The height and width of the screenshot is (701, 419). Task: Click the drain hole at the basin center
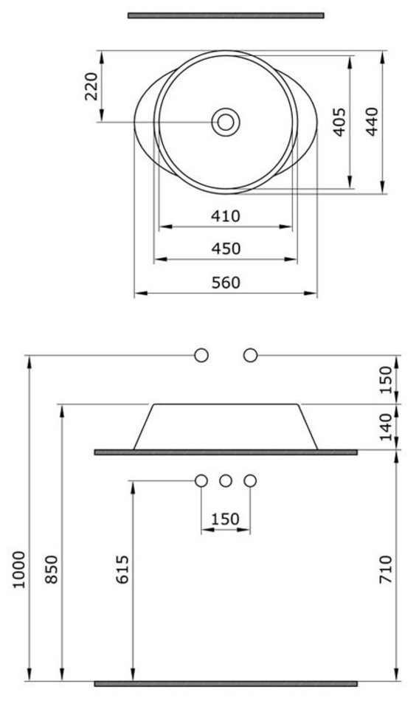click(226, 122)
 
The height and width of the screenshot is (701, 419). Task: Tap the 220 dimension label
click(91, 86)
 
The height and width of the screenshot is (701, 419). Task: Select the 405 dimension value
click(340, 122)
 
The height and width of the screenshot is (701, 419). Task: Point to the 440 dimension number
click(372, 122)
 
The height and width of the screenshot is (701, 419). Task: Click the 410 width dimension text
click(226, 216)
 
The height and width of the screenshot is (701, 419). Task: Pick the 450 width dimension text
click(226, 249)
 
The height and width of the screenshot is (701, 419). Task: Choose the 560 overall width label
click(226, 283)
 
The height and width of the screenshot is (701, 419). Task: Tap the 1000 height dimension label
click(18, 570)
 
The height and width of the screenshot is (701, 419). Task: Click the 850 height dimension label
click(52, 569)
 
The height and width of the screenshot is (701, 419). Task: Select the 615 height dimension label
click(122, 569)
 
